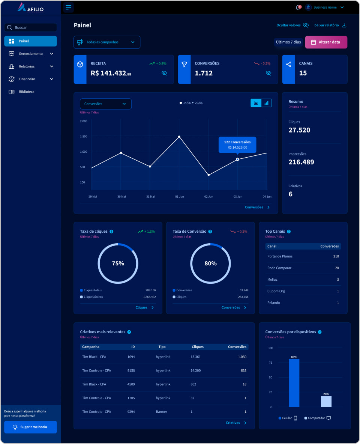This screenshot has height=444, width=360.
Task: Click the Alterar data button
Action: coord(326,42)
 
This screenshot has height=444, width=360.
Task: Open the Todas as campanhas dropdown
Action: coord(107,42)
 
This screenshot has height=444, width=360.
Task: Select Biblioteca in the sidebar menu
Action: coord(26,92)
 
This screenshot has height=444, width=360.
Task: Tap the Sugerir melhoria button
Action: coord(30,427)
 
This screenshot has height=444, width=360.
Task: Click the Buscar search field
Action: coord(31,27)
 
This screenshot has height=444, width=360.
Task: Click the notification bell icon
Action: coord(298,8)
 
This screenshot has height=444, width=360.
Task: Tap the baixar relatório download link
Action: coord(330,25)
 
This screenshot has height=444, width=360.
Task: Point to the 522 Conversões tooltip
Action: coord(237,144)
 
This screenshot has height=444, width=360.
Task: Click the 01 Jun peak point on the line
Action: coord(179,137)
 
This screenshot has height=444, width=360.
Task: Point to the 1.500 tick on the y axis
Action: coord(84,137)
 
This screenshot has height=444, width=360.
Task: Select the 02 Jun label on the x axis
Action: coord(208,197)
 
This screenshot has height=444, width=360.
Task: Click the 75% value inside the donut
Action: coord(118,263)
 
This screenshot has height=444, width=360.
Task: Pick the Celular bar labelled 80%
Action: coord(294,383)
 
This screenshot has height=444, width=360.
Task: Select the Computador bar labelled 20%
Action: coord(326,401)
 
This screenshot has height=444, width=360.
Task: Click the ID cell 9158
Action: coord(131,370)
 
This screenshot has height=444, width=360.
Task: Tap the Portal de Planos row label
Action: coord(280,256)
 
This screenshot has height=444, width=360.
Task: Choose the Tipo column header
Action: coord(162,347)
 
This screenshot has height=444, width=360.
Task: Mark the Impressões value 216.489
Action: coord(301,162)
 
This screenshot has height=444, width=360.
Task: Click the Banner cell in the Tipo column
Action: coord(162,412)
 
